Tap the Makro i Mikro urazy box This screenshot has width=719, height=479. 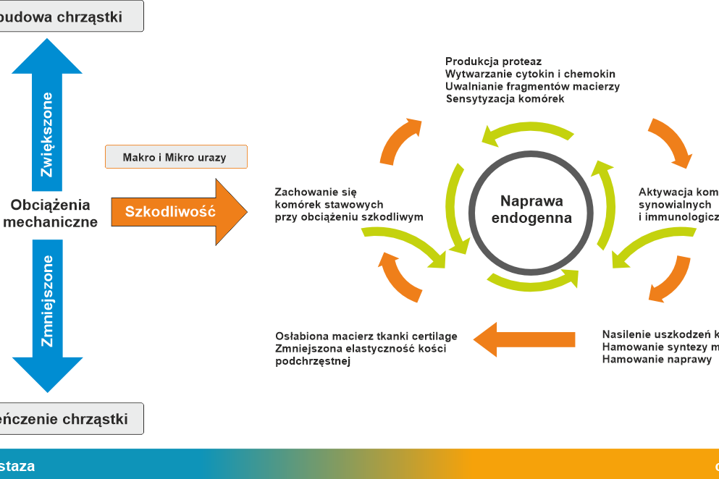[x=176, y=157]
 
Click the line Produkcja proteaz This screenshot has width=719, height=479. [x=493, y=62]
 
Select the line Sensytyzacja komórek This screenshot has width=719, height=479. [x=505, y=99]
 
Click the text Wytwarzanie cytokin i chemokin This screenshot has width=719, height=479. [x=530, y=75]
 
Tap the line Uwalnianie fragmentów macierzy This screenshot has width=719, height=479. [x=532, y=87]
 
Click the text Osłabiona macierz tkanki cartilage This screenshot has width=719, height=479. [x=366, y=336]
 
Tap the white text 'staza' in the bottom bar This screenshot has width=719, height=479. [x=17, y=466]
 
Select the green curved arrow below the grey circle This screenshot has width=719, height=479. [x=532, y=281]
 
